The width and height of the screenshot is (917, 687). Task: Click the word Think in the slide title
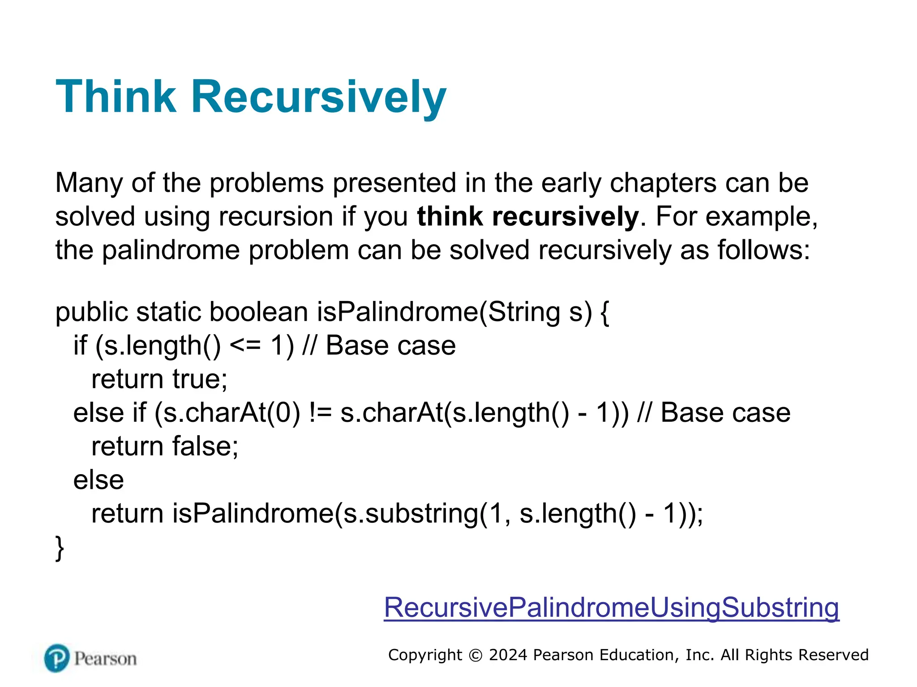(116, 97)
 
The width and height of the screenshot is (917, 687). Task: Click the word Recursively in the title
(319, 97)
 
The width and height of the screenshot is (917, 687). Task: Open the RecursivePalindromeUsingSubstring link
(611, 607)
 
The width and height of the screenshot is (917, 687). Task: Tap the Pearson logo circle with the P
(57, 658)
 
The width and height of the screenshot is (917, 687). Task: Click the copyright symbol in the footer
(475, 655)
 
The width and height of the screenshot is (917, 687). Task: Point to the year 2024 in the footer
(508, 655)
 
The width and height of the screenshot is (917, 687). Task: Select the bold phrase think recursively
(527, 216)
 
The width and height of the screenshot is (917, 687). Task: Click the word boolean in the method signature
(259, 312)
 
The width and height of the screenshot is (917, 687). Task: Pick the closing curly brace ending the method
(60, 547)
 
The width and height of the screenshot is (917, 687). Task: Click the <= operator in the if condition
(245, 346)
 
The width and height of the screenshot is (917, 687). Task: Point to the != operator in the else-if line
(321, 413)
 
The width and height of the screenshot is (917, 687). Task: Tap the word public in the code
(91, 312)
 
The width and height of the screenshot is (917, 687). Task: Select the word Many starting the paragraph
(89, 183)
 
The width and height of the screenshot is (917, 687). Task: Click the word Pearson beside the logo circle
(105, 659)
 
